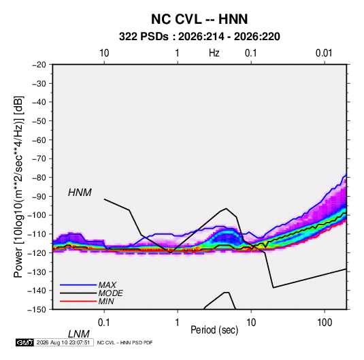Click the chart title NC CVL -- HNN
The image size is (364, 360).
tap(199, 19)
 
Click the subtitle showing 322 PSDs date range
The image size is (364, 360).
tap(199, 37)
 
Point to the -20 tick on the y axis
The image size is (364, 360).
tap(39, 65)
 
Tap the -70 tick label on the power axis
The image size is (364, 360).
tap(39, 159)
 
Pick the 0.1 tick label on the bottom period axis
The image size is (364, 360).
tap(104, 323)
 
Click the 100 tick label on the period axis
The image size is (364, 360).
tap(325, 323)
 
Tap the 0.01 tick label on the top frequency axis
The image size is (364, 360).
tap(324, 53)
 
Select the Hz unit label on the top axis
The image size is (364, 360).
tap(214, 53)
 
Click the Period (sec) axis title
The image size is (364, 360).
tap(214, 330)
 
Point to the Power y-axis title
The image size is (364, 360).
tap(18, 187)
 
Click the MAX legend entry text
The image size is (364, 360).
tap(107, 285)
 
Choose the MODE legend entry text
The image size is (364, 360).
tap(110, 293)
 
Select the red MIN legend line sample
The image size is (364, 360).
tap(78, 301)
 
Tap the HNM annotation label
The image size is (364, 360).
tap(80, 193)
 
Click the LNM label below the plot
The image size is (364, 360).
tap(79, 334)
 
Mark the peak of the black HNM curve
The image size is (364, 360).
tap(226, 208)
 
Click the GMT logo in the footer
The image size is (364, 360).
tap(24, 342)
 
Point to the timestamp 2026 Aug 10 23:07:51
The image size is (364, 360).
tap(63, 342)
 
